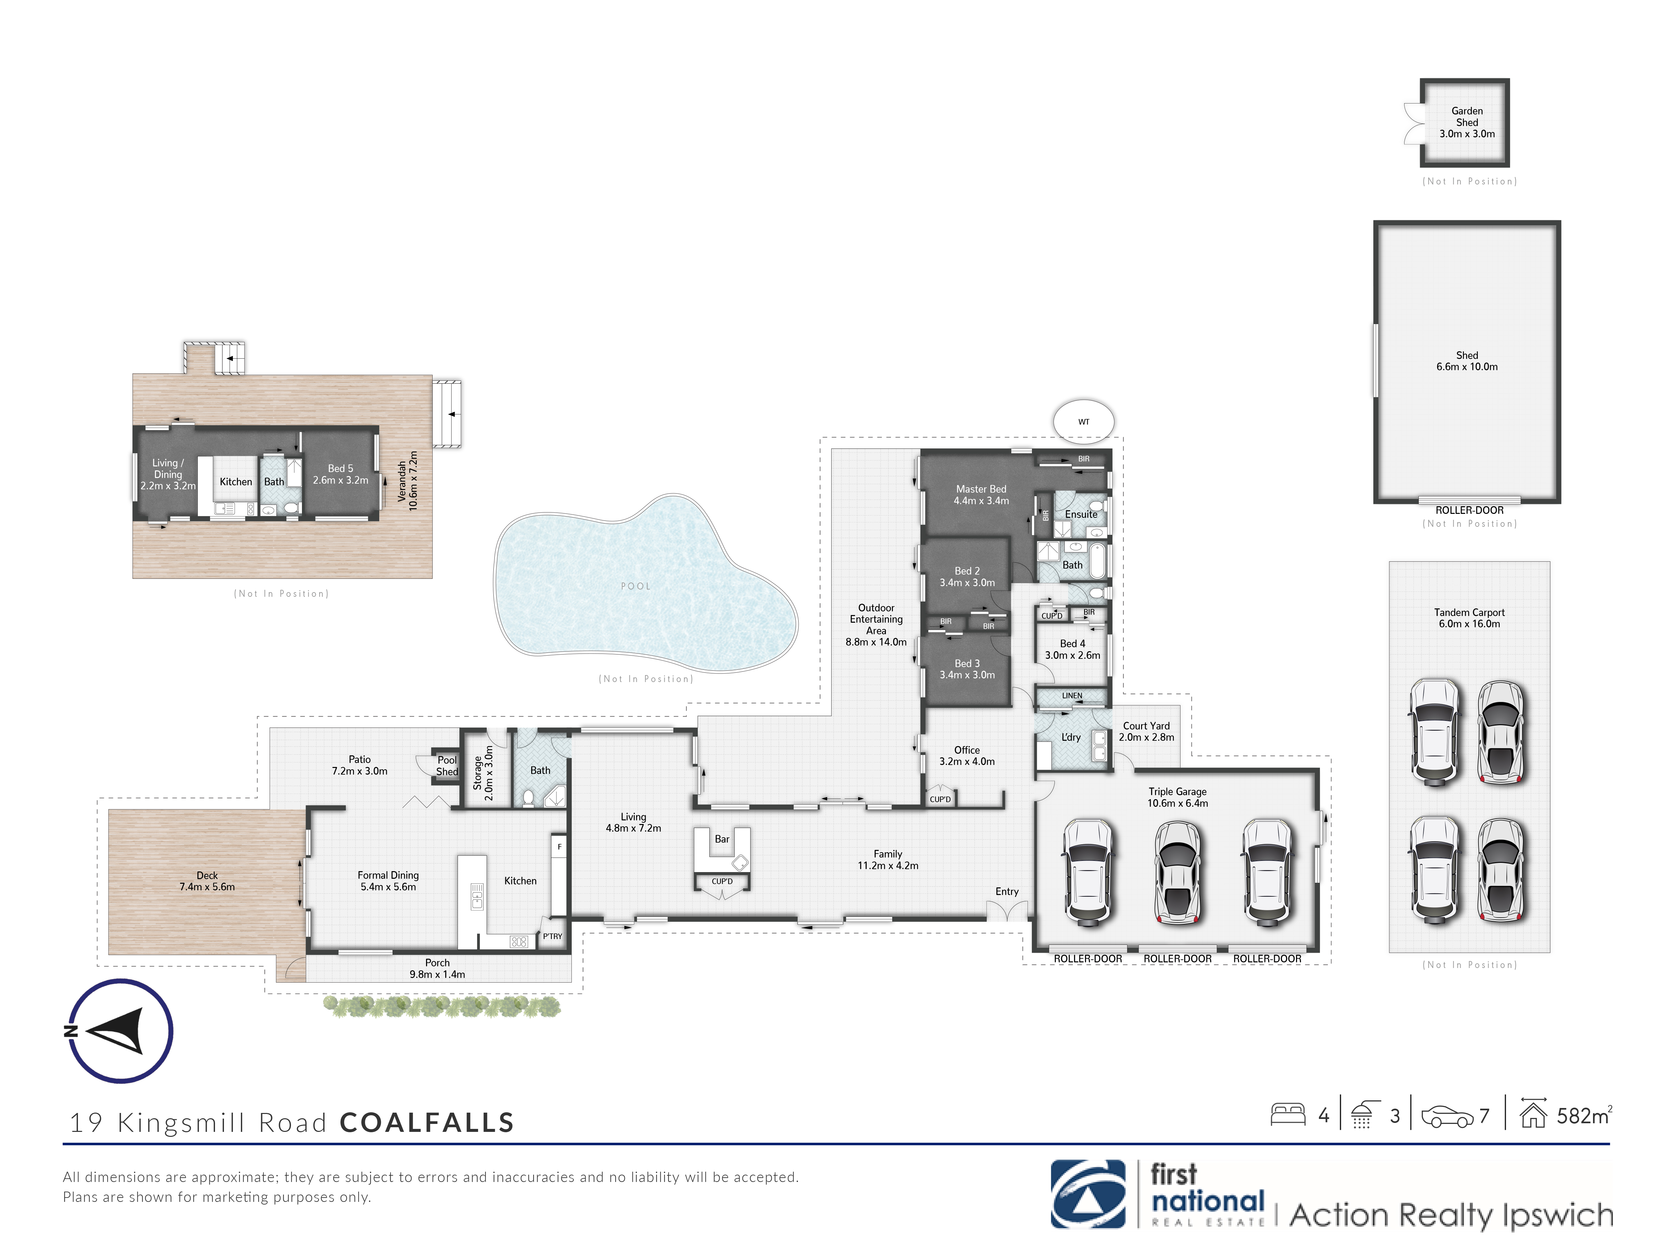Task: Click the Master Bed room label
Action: (981, 489)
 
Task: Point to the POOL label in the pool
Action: (636, 587)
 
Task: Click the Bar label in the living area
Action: (722, 839)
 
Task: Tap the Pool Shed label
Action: (447, 766)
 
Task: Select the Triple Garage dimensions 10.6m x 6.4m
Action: (1178, 803)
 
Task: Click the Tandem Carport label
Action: (1469, 613)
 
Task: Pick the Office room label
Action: (967, 750)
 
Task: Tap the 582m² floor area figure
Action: (1584, 1116)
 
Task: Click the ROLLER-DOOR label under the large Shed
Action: (1469, 510)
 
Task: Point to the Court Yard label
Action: (1146, 726)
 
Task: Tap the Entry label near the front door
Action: (1006, 892)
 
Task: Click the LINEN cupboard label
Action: (1072, 696)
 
